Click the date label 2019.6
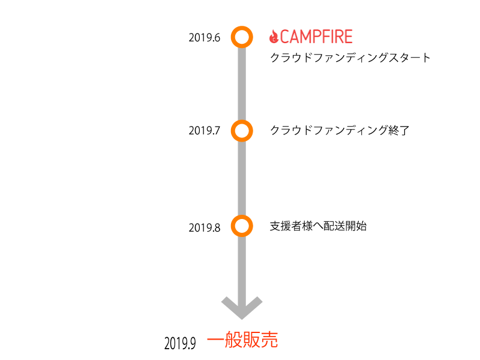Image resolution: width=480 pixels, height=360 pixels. coord(205,38)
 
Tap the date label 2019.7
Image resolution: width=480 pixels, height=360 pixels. coord(205,130)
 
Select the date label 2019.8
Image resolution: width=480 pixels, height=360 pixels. coord(205,227)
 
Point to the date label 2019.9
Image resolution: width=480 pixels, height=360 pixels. coord(181,343)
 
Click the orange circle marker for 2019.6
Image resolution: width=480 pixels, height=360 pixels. coord(241,37)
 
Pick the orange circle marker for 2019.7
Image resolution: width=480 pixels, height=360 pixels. coord(241,130)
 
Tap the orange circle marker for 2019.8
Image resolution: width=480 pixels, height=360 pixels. coord(241,226)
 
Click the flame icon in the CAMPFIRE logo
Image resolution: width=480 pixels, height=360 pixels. coord(274,37)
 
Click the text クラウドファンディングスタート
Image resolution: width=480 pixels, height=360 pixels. coord(350,58)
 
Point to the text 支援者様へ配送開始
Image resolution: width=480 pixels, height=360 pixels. coord(318,226)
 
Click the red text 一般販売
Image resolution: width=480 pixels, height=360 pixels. coord(242,341)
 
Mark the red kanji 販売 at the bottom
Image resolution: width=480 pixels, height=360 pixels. coord(260,341)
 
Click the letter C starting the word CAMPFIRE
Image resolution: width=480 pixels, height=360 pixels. coord(286,37)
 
